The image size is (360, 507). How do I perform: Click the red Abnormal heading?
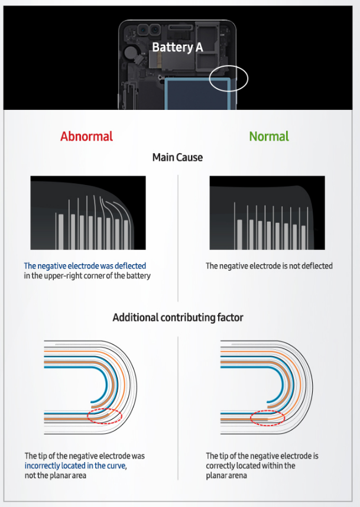point(86,136)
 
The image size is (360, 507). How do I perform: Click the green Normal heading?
point(269,136)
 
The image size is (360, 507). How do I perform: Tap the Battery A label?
point(177,47)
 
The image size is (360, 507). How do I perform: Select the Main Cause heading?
point(177,157)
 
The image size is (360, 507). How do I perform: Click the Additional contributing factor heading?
point(178,317)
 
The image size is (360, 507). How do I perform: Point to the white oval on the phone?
point(229,78)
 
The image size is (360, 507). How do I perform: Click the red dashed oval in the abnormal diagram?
point(104,415)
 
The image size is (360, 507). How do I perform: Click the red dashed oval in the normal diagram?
point(268,418)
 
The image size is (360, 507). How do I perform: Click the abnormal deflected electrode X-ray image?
point(87,212)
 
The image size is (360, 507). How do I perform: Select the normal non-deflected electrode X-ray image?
point(267,212)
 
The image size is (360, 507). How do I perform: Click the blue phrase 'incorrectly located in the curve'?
point(76,466)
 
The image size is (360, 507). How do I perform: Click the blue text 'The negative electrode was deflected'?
point(85,266)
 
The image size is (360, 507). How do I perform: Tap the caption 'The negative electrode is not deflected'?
point(269,266)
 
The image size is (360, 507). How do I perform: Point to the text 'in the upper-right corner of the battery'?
point(87,276)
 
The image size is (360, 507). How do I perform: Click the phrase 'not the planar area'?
point(56,475)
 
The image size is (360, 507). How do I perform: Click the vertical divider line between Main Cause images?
point(178,236)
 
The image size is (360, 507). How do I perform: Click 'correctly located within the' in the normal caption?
point(251,466)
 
